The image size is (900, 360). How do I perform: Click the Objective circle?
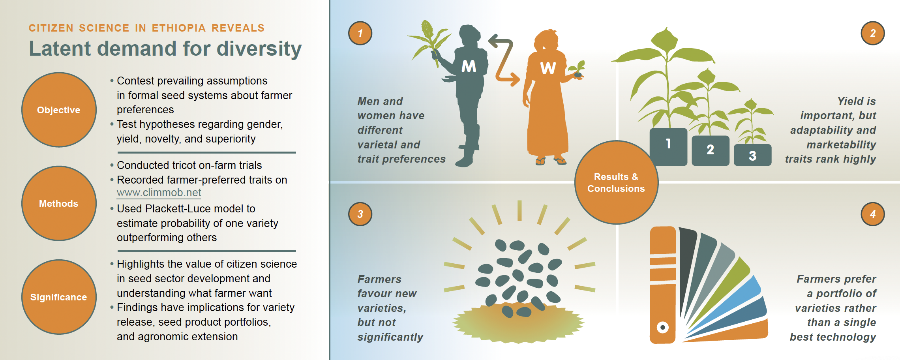59,110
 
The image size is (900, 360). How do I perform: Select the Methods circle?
59,203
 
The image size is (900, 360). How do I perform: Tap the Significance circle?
59,297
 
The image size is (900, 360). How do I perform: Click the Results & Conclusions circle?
616,182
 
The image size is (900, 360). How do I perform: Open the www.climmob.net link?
159,193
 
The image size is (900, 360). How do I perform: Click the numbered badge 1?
360,33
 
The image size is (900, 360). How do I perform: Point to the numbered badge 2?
872,33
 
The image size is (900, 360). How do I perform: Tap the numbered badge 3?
360,214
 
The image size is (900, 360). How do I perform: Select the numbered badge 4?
872,214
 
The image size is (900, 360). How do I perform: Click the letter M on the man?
469,66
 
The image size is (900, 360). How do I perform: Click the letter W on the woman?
548,68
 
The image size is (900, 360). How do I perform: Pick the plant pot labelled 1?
668,146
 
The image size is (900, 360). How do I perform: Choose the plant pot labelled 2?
711,150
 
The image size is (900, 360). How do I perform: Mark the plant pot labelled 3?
752,155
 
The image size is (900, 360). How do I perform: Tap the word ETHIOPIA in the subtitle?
178,28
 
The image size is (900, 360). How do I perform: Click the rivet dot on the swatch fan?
663,327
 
